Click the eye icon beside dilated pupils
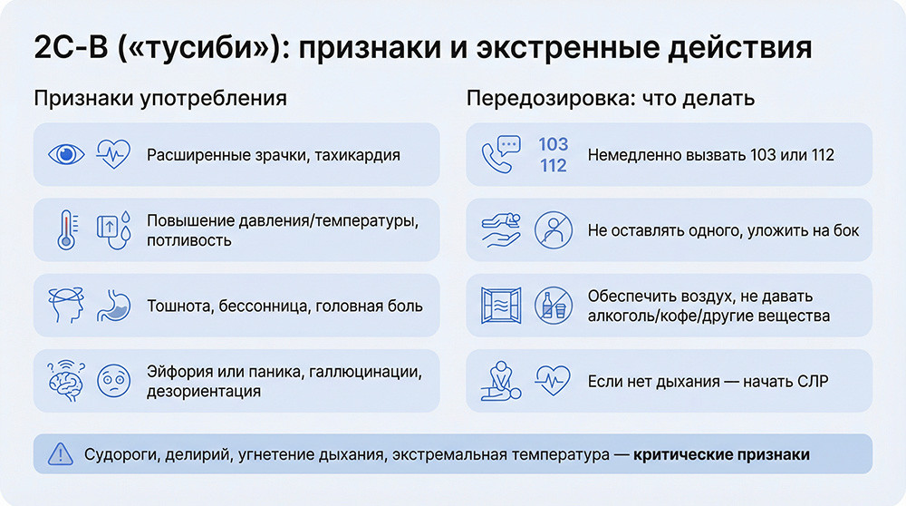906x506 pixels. [65, 154]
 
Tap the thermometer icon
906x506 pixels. [65, 230]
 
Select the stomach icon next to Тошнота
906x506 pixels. [111, 306]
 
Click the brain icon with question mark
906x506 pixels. [65, 382]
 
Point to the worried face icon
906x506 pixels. [112, 382]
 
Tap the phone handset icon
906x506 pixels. [498, 155]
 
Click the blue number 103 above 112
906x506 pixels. [553, 144]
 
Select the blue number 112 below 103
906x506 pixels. [553, 166]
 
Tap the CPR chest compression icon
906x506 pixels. [499, 382]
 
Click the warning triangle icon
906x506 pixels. [59, 453]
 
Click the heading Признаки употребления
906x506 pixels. [160, 98]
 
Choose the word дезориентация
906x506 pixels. [204, 392]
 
